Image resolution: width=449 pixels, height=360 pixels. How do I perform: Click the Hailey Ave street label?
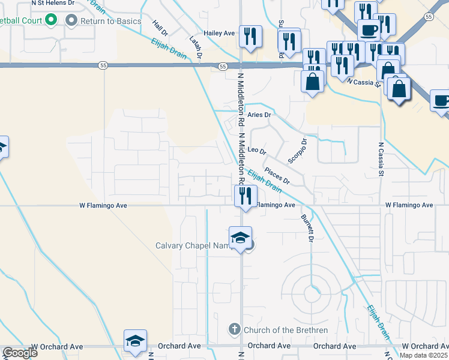218,33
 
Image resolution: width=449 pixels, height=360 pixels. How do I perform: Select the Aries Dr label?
259,115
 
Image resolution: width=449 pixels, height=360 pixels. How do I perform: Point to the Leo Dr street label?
256,149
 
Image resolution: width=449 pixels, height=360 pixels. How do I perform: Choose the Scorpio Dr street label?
298,151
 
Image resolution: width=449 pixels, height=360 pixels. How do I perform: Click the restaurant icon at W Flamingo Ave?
246,196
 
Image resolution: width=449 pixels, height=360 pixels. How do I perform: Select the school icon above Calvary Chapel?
240,238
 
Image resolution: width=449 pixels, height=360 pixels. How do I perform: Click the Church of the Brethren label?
285,330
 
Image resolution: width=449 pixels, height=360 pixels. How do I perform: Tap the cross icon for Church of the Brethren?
235,329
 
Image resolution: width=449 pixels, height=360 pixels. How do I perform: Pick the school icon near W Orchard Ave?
136,341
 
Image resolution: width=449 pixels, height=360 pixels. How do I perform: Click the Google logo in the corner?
20,353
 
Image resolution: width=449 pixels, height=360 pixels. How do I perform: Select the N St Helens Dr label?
53,3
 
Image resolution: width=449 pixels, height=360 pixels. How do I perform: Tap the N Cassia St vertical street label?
381,159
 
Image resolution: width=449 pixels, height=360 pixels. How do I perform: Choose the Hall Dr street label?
160,28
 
